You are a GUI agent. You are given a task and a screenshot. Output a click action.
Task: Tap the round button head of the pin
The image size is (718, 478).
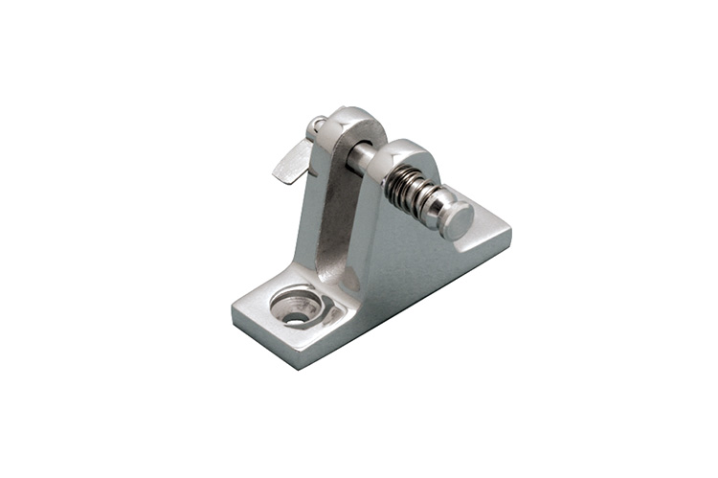click(x=458, y=221)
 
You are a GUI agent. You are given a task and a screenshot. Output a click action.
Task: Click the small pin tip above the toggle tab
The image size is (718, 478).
click(x=316, y=125)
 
